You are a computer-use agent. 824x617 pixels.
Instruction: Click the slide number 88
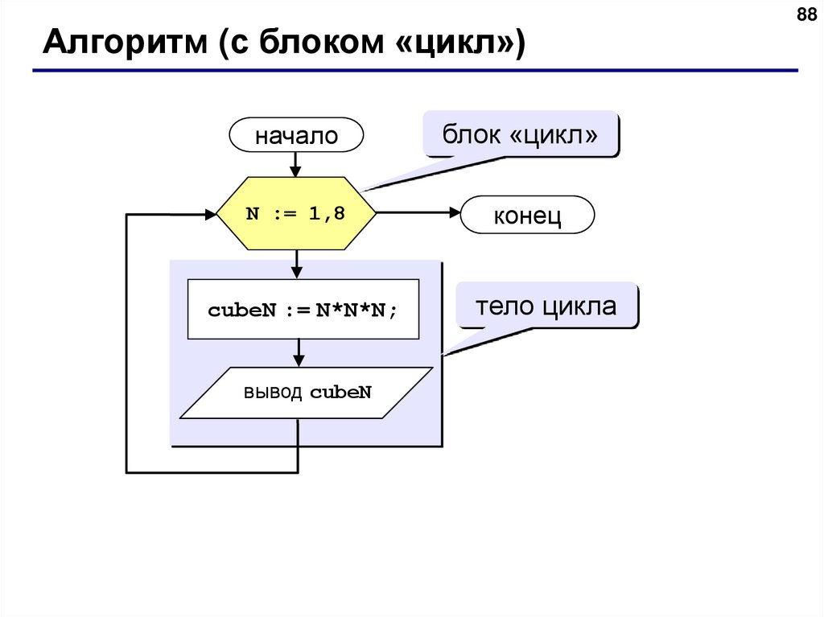[805, 15]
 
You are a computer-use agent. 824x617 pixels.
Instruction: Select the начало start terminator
[296, 135]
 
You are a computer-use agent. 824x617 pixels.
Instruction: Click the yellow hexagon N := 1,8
[296, 214]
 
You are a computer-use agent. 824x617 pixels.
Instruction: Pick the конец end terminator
[527, 216]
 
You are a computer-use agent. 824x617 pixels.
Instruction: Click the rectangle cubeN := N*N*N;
[303, 309]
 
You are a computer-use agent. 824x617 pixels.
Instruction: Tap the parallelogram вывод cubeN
[307, 393]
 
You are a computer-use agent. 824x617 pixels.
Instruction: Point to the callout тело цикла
[546, 306]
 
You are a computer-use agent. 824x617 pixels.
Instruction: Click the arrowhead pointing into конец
[453, 214]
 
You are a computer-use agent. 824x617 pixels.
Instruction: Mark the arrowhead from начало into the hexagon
[296, 171]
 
